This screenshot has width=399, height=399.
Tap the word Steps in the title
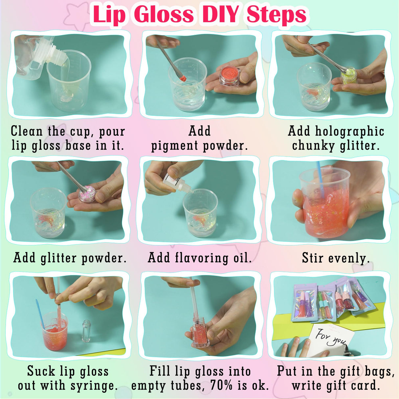tap(276, 15)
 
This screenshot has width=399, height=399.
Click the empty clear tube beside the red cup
tap(86, 331)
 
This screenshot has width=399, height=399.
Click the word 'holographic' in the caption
tap(350, 131)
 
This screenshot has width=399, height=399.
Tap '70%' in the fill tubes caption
tap(222, 386)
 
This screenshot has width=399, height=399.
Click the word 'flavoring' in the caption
tap(201, 258)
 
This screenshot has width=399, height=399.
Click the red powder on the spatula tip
tap(183, 79)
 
